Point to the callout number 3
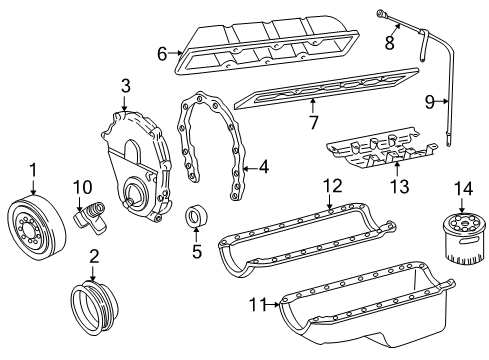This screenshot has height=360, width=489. pyautogui.click(x=125, y=86)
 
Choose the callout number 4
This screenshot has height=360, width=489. pyautogui.click(x=263, y=169)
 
